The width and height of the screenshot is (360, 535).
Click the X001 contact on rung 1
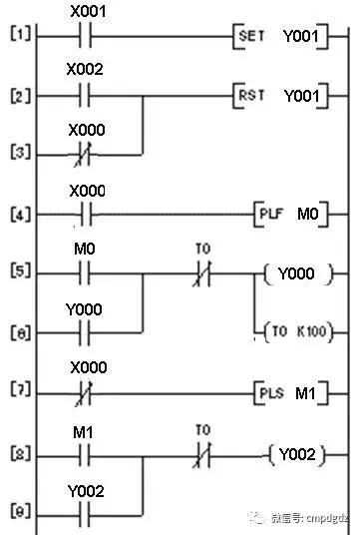click(84, 39)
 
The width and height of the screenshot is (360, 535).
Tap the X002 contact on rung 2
click(84, 97)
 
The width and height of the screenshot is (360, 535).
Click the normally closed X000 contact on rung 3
click(84, 155)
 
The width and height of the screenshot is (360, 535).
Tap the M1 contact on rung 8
click(84, 454)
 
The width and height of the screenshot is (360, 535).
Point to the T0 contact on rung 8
click(202, 454)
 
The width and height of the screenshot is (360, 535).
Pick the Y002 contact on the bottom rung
click(84, 512)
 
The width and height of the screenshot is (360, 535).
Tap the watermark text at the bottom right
click(304, 518)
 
